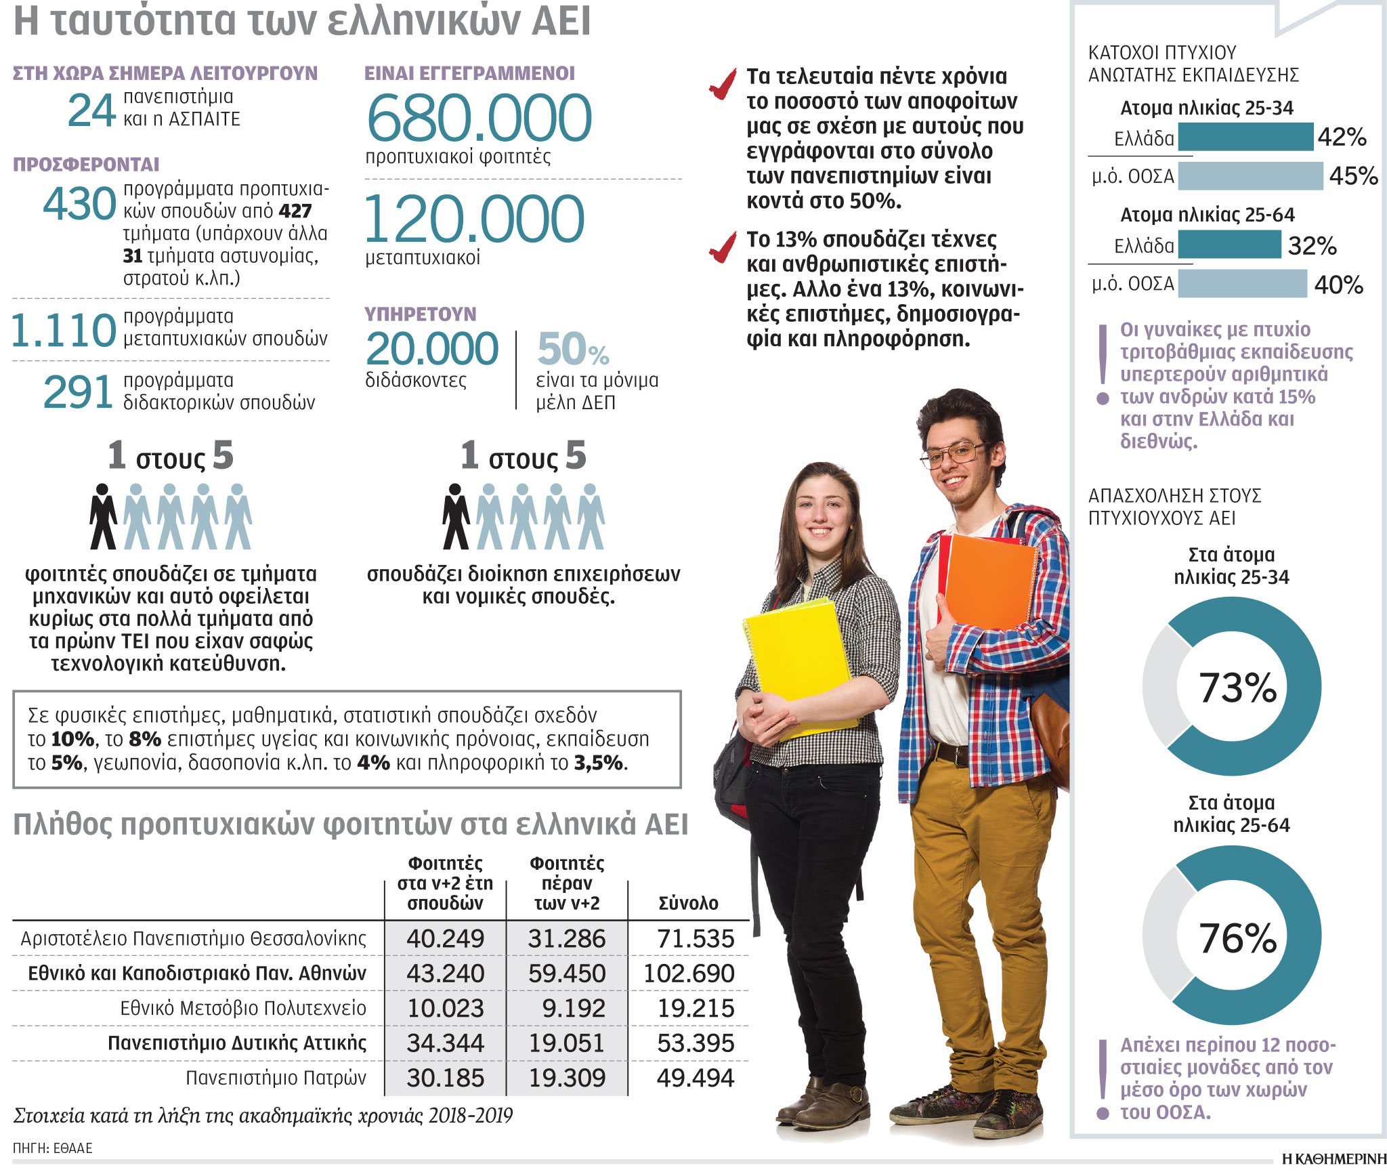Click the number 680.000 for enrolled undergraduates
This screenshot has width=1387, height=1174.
click(479, 118)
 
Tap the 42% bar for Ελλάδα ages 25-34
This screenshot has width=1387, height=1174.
click(1245, 137)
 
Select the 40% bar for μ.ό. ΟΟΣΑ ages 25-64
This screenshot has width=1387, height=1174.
click(1242, 284)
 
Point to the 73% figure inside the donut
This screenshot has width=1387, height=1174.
click(1237, 688)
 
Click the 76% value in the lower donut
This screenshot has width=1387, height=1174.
click(1237, 938)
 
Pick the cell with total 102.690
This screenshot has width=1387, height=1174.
click(689, 973)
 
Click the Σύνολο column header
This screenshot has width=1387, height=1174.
click(688, 903)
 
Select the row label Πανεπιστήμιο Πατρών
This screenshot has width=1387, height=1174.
click(276, 1078)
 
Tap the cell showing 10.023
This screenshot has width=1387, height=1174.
click(445, 1008)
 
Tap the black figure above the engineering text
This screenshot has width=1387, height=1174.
click(103, 516)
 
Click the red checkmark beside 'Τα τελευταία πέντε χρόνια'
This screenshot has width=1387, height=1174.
click(723, 84)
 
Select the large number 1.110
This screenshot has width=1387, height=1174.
click(64, 331)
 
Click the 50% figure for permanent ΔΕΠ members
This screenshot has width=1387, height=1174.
click(573, 350)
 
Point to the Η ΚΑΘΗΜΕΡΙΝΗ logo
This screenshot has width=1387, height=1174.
click(1333, 1159)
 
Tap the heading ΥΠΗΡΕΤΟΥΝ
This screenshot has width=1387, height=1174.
click(420, 314)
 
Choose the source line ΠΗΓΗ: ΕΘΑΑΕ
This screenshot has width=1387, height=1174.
click(53, 1148)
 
